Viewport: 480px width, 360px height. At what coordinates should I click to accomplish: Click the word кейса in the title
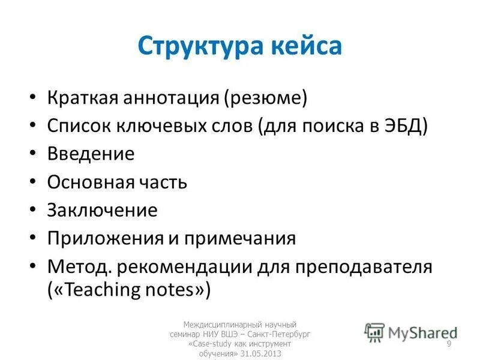pyautogui.click(x=305, y=47)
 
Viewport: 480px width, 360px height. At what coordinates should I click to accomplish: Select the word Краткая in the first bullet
pyautogui.click(x=82, y=97)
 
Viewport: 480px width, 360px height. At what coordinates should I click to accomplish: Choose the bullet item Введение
pyautogui.click(x=91, y=154)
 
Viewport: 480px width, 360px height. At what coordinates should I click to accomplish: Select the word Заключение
pyautogui.click(x=102, y=211)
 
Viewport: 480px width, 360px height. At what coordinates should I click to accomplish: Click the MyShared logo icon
pyautogui.click(x=375, y=332)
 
